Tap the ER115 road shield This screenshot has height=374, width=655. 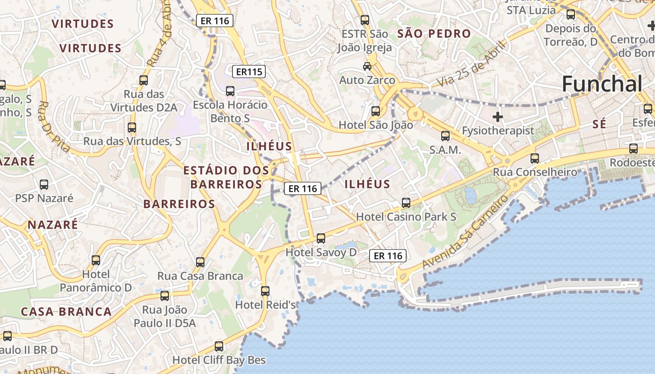(x=249, y=72)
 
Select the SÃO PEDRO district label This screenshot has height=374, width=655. (x=434, y=34)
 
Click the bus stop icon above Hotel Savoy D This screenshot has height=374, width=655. (x=321, y=238)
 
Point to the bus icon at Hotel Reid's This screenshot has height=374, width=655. (x=265, y=291)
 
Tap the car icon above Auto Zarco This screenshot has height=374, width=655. (x=367, y=66)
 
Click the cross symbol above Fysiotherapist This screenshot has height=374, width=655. (x=498, y=116)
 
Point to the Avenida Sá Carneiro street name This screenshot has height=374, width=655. (x=465, y=232)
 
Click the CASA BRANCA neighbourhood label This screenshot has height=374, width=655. (x=66, y=312)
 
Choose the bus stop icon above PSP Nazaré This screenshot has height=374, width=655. (x=44, y=184)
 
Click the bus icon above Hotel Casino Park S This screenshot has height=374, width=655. (x=406, y=202)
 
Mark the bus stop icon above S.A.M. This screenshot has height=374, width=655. (x=445, y=136)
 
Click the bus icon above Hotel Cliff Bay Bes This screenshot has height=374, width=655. (x=219, y=346)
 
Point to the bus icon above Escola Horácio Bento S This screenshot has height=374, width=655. (x=230, y=91)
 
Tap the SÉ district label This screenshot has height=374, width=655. (x=599, y=124)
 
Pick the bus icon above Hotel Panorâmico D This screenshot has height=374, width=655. (x=96, y=260)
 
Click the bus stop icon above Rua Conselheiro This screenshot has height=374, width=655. (x=535, y=158)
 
